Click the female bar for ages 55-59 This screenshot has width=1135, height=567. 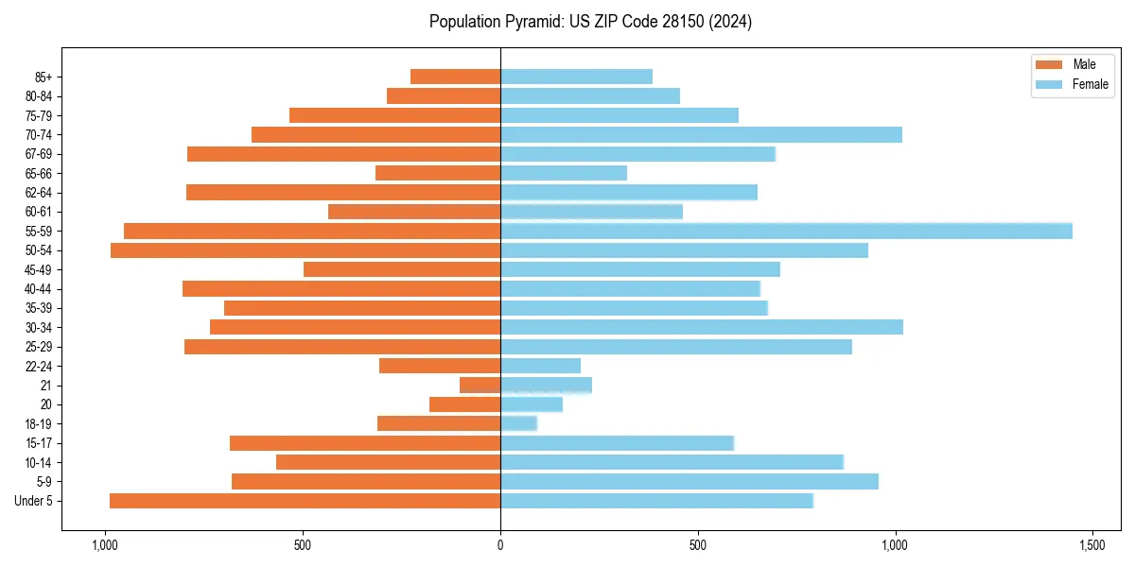click(x=786, y=231)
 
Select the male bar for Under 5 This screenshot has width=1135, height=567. click(x=305, y=501)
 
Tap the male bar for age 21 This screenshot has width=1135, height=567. click(x=480, y=386)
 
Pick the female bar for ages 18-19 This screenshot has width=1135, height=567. click(x=518, y=423)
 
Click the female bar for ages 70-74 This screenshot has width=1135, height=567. click(x=701, y=134)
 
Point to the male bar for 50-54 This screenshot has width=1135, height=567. click(x=306, y=250)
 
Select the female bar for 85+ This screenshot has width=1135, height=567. click(x=576, y=77)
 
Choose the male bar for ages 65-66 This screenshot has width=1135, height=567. click(x=438, y=173)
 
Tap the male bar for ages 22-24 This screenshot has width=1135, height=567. click(x=440, y=366)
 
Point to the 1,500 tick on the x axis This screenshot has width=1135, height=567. click(x=1092, y=545)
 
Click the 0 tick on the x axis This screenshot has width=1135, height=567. click(x=500, y=545)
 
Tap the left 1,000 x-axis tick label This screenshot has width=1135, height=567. click(x=104, y=545)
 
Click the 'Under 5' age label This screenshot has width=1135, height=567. click(x=34, y=501)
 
